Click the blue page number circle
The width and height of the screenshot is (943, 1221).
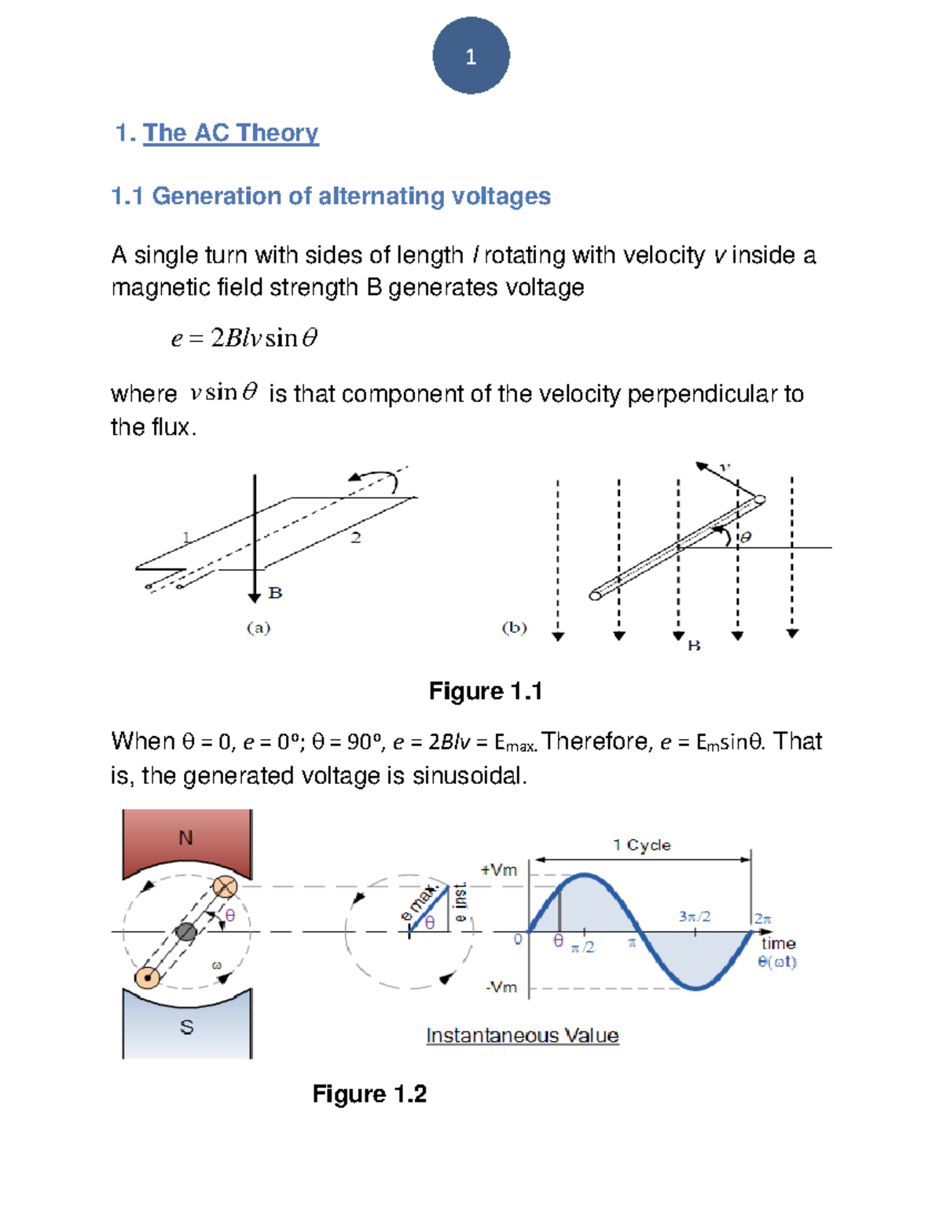(471, 56)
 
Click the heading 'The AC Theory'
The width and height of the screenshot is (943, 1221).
(230, 133)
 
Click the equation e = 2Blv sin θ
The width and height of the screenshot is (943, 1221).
(244, 338)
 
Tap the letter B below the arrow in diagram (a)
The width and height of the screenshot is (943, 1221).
(275, 593)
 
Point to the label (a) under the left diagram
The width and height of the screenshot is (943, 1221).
(259, 627)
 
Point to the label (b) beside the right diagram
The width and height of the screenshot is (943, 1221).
(514, 627)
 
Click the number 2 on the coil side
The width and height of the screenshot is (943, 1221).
(356, 538)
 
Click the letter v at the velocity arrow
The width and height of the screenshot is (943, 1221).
(725, 467)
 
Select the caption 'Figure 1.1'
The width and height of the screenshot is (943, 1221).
(486, 691)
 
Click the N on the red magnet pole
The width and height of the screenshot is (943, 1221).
(185, 838)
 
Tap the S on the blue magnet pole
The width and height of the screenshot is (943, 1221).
(186, 1027)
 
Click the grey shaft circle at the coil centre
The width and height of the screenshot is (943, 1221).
(185, 932)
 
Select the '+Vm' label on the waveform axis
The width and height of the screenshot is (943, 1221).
(499, 870)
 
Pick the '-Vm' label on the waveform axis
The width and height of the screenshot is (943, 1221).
(501, 987)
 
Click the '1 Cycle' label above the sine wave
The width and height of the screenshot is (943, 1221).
(641, 845)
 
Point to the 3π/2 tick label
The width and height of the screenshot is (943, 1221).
(695, 917)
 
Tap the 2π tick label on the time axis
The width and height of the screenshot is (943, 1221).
(763, 918)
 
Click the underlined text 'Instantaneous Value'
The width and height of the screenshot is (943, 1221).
(522, 1035)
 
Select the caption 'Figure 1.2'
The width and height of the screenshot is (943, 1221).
(369, 1094)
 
